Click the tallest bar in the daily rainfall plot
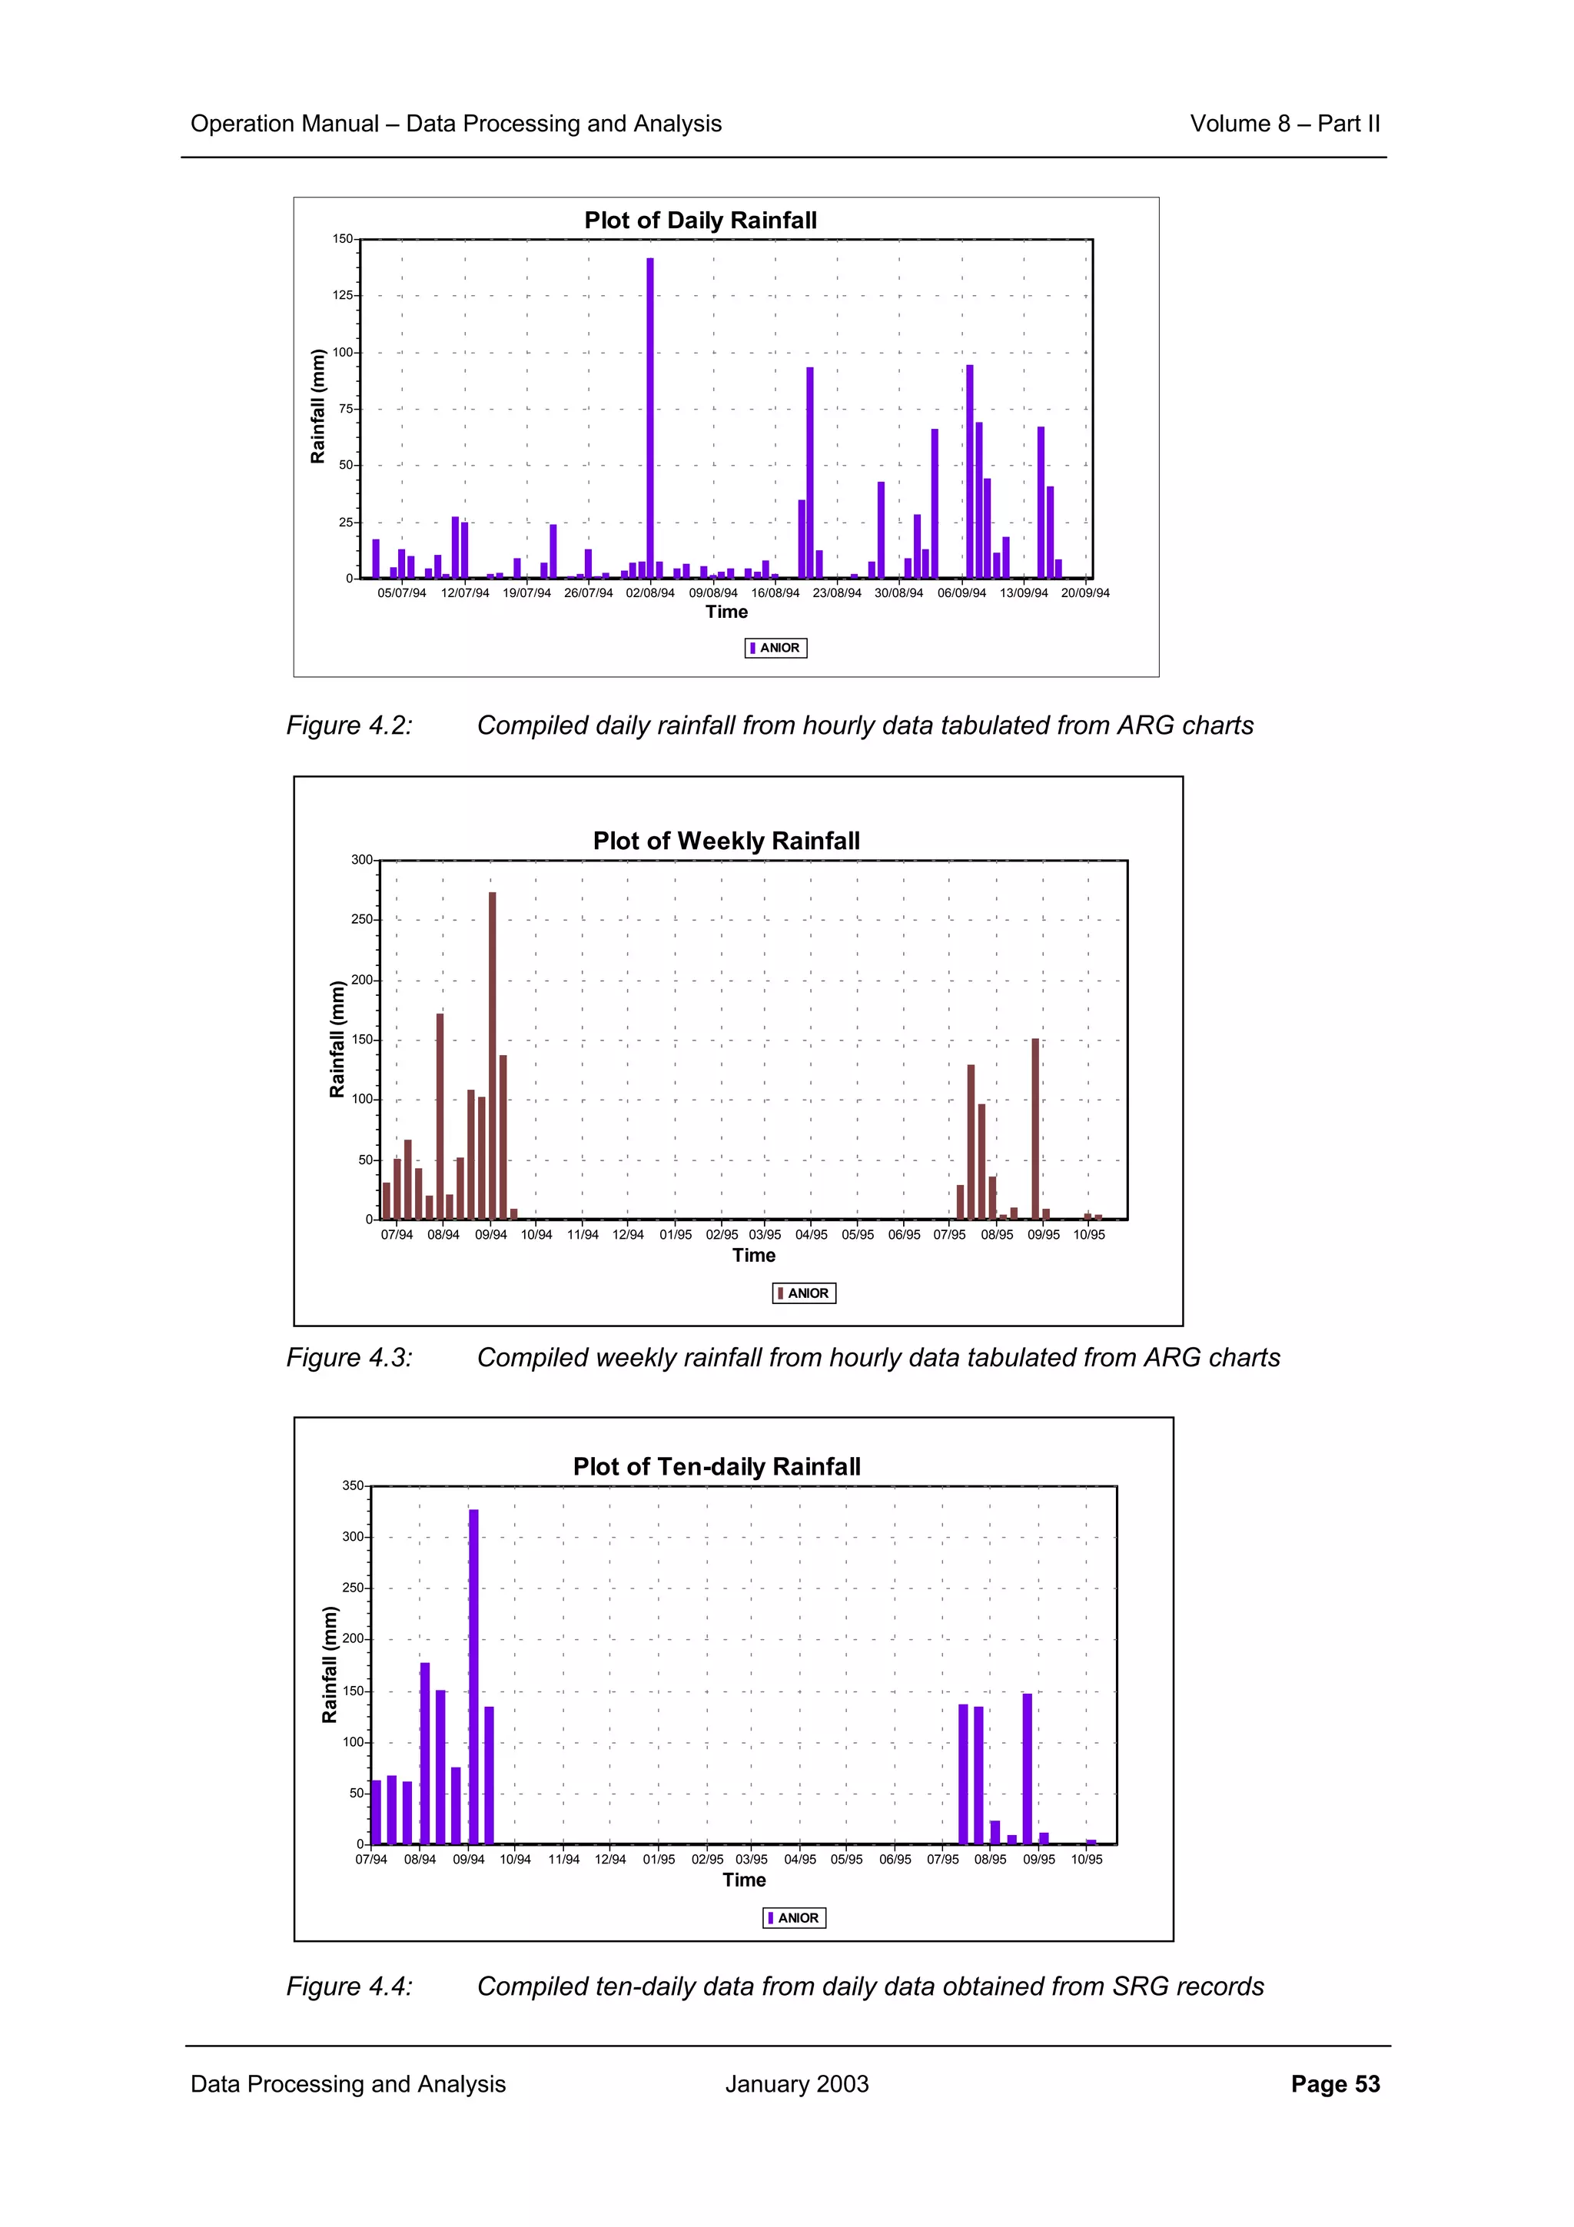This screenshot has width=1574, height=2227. click(x=649, y=417)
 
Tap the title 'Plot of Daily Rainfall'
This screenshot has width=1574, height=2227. click(x=700, y=221)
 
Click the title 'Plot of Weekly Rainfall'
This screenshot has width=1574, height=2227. click(x=726, y=841)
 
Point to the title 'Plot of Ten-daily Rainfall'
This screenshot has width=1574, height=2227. click(x=717, y=1466)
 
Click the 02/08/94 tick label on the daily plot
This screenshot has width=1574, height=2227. click(x=649, y=592)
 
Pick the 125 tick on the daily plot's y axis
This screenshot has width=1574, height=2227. click(x=344, y=296)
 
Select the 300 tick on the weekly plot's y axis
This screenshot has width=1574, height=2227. click(x=362, y=861)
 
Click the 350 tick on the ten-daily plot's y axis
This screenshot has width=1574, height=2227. click(x=353, y=1486)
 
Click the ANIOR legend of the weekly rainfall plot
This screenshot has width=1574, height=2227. click(x=804, y=1293)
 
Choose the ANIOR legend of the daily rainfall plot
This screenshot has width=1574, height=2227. click(x=775, y=648)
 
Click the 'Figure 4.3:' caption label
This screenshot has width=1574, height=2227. click(x=349, y=1358)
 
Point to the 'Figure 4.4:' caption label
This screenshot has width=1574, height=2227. click(x=349, y=1986)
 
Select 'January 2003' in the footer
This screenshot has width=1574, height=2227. click(x=796, y=2084)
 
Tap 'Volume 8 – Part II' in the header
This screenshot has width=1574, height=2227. click(x=1284, y=124)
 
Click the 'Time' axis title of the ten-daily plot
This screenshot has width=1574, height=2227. click(x=744, y=1880)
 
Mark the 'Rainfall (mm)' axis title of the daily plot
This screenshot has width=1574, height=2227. click(x=318, y=407)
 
